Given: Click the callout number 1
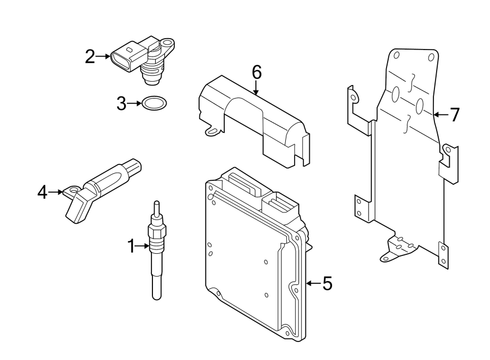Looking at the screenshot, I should click(x=131, y=247).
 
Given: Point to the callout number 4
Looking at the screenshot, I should click(x=42, y=192).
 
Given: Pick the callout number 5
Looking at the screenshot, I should click(x=327, y=283).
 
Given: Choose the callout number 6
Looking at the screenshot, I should click(x=256, y=71).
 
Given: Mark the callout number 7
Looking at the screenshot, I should click(x=455, y=114).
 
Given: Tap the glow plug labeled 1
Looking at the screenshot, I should click(x=156, y=256).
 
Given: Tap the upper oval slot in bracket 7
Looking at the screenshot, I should click(x=396, y=94).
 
